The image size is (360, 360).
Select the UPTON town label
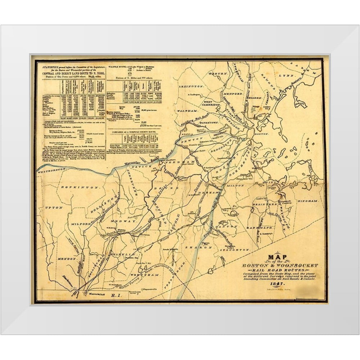[x=54, y=208]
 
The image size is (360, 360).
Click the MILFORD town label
[x=79, y=224]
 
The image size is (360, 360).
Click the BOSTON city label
[x=260, y=132]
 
